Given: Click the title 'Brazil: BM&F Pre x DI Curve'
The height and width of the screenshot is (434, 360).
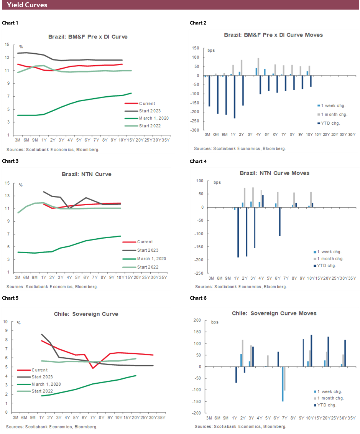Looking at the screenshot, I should click(88, 37).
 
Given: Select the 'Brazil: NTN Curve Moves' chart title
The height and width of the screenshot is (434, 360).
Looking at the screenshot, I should click(274, 173).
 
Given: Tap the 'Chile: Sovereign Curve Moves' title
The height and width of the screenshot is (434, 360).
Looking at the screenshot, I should click(274, 313).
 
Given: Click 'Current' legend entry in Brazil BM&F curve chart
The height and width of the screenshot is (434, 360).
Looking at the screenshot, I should click(147, 103).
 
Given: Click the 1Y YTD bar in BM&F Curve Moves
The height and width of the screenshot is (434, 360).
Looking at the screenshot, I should click(234, 97).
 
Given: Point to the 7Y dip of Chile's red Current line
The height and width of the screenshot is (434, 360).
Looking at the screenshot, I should click(93, 368).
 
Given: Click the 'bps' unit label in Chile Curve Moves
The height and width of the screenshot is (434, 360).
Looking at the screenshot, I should click(215, 322).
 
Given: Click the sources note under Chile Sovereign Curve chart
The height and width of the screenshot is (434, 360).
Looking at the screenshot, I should click(52, 426).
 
